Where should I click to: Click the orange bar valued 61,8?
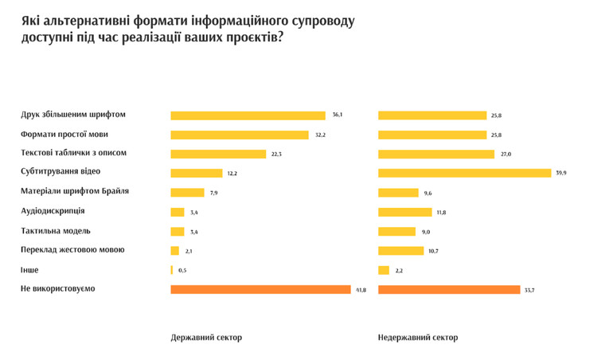[x=260, y=289]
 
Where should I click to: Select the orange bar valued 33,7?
[x=449, y=289]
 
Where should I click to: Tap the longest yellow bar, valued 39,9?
[x=464, y=173]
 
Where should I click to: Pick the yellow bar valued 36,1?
[x=248, y=115]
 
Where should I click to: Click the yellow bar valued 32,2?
[x=239, y=135]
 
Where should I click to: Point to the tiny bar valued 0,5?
[x=171, y=270]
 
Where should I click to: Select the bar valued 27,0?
[x=435, y=154]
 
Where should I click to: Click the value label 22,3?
[x=277, y=154]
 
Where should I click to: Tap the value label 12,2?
[x=232, y=174]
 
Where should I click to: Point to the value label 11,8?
[x=440, y=212]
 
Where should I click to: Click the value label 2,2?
[x=399, y=271]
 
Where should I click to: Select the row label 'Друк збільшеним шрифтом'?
[x=73, y=115]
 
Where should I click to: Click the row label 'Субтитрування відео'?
[x=61, y=171]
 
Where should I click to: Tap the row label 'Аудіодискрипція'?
[x=53, y=210]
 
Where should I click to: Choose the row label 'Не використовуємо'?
[x=57, y=288]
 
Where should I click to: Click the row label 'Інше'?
[x=29, y=270]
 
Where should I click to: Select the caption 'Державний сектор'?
[x=206, y=338]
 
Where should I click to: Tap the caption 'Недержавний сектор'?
[x=418, y=338]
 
